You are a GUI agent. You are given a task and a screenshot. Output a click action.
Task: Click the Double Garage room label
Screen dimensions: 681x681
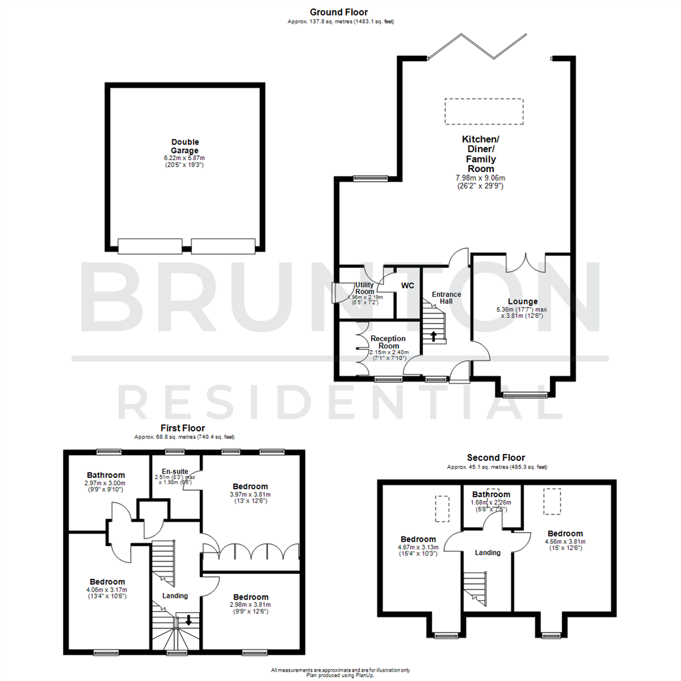coord(184,146)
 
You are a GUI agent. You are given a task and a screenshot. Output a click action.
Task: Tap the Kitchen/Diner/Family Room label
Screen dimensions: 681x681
coord(480,154)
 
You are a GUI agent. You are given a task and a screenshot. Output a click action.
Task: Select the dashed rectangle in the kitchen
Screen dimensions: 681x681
coord(484,112)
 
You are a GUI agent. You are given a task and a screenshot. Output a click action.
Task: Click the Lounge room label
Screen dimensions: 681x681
coord(520,301)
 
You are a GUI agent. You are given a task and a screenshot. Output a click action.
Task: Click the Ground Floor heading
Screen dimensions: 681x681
coord(339,12)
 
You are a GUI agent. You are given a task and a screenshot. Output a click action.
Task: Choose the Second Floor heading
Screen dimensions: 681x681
coord(496,458)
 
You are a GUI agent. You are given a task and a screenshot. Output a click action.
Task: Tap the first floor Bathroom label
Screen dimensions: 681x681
coord(105,475)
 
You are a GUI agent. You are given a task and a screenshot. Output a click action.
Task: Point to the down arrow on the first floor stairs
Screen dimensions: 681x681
coord(187,620)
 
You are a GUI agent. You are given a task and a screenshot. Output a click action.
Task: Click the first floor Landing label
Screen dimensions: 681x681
coord(175,596)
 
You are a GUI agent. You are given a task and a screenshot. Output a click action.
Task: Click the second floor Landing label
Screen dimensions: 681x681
coord(487,552)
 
